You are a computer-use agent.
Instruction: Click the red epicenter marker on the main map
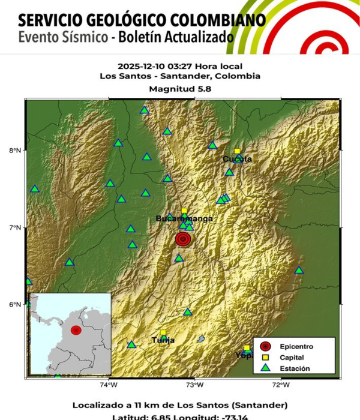click(x=184, y=239)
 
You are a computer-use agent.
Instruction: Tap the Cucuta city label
click(x=237, y=159)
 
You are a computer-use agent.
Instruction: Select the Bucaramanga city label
click(x=184, y=219)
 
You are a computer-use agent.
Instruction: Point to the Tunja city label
click(x=163, y=340)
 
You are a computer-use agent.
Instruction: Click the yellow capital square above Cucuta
click(x=237, y=151)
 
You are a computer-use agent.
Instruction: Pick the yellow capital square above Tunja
click(x=163, y=332)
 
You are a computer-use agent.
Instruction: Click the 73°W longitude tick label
click(x=194, y=385)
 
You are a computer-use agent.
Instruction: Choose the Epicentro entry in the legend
click(x=292, y=346)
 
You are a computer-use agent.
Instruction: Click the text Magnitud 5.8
click(x=180, y=88)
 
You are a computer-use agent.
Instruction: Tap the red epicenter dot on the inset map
click(x=76, y=330)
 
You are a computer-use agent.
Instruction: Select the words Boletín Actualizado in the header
click(x=175, y=37)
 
